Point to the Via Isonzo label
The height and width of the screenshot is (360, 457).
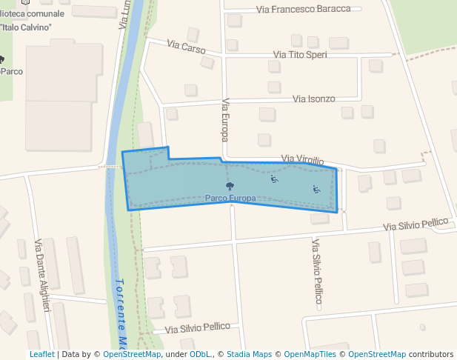pos(314,99)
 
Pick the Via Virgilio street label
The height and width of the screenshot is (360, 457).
pos(303,160)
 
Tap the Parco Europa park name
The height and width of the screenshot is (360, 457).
pos(230,199)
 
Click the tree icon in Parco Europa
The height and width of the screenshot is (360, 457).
pos(230,186)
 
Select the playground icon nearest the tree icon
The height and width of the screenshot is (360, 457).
pos(274,179)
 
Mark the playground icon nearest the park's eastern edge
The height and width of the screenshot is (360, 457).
pos(316,189)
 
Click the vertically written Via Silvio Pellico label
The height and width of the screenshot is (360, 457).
pos(318,273)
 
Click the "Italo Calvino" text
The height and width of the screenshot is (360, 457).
pos(27,27)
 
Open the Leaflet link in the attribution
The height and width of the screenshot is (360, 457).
pos(41,354)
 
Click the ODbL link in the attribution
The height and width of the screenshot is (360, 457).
pos(200,354)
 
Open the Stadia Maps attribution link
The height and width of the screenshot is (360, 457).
pos(249,354)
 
